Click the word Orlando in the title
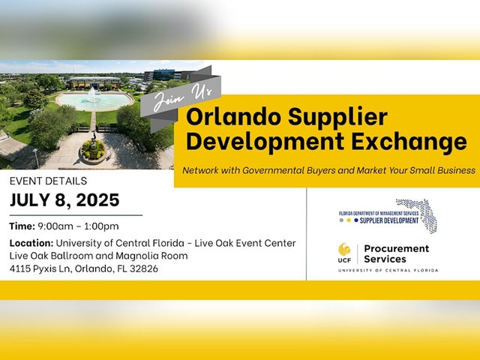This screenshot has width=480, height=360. tap(234, 116)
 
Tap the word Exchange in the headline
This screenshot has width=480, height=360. tap(409, 141)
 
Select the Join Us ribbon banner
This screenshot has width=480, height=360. tap(181, 98)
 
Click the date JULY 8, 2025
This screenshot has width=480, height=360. tap(64, 200)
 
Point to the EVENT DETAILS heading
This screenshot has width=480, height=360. tap(48, 181)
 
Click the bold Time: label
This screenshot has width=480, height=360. tap(22, 226)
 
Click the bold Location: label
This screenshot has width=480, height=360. tap(31, 243)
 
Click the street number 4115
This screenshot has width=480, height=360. tap(20, 268)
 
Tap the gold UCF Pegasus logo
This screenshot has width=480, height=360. tap(344, 250)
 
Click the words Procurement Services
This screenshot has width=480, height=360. tap(397, 253)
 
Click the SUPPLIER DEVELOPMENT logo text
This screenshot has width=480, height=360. tap(388, 220)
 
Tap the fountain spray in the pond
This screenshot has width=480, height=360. tap(92, 94)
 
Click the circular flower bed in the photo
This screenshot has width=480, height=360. tap(92, 151)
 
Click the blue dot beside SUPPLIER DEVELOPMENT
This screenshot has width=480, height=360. tap(356, 220)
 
